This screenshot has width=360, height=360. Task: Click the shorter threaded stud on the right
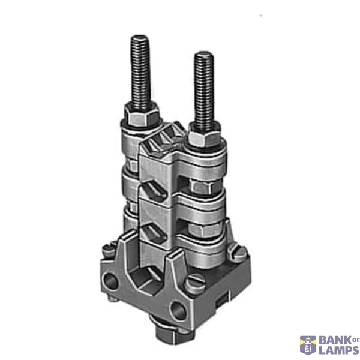coord(204,91)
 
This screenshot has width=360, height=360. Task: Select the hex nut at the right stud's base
coord(205,136)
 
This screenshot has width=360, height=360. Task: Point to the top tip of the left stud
coord(140,35)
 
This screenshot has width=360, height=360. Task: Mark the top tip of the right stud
coord(204,52)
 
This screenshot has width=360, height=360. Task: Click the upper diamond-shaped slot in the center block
coord(154,190)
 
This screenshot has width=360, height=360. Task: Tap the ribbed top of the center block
coord(163,138)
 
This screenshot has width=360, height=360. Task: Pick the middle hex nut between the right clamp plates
coord(204,187)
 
